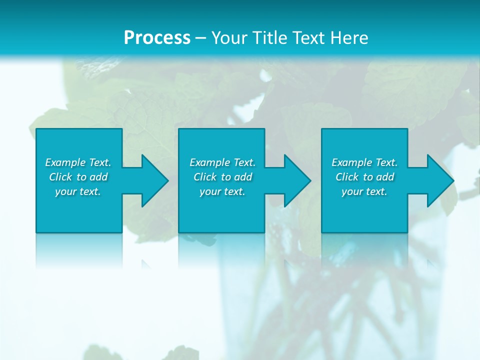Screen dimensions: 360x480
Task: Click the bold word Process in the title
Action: (157, 38)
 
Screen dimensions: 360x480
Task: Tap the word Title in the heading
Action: (269, 38)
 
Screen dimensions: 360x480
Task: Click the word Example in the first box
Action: (65, 162)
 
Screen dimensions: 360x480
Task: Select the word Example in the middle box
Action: (209, 162)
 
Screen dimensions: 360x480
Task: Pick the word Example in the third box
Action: (351, 162)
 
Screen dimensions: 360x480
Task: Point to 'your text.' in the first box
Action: (78, 191)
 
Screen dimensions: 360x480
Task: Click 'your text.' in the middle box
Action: (222, 191)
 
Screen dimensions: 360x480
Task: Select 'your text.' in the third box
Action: (364, 191)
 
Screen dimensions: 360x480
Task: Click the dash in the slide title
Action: (201, 38)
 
